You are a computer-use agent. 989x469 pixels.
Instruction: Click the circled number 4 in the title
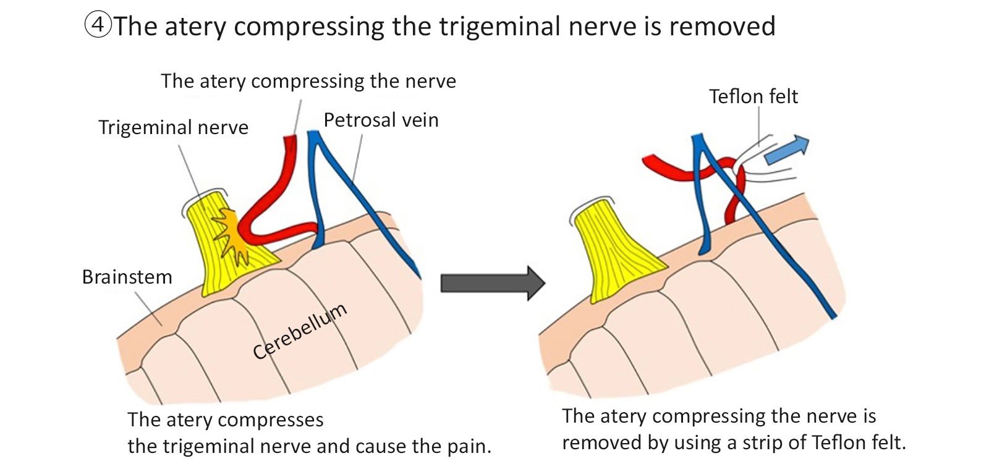97,26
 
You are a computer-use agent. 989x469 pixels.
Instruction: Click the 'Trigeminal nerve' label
173,127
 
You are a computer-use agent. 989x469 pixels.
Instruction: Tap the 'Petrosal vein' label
381,120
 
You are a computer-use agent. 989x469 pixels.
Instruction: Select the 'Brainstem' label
127,277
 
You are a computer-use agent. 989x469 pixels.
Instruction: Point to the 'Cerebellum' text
300,331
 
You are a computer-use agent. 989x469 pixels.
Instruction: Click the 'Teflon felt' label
753,96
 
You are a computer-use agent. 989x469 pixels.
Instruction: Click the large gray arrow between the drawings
492,283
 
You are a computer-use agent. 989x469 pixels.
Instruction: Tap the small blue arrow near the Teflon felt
786,150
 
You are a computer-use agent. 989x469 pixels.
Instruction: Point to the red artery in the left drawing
272,198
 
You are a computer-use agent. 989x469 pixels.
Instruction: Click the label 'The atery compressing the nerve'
308,81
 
